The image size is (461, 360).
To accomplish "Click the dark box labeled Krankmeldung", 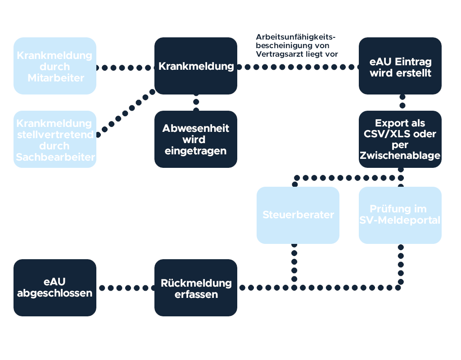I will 196,66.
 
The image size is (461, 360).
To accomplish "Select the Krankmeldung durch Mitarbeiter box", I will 54,66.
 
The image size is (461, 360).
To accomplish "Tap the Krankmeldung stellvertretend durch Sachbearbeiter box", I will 54,139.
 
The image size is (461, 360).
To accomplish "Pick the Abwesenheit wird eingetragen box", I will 196,139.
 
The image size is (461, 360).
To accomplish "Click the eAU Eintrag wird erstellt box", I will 400,66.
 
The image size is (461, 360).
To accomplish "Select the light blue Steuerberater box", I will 298,215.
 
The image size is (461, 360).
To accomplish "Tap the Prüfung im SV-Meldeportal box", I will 400,215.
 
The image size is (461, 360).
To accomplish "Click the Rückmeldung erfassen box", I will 196,288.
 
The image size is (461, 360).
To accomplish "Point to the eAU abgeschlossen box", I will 54,288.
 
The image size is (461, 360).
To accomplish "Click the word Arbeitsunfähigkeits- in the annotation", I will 296,37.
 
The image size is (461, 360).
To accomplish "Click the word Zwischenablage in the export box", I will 400,156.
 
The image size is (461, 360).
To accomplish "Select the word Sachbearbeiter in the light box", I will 55,157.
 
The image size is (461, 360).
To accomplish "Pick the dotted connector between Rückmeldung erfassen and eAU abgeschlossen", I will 125,288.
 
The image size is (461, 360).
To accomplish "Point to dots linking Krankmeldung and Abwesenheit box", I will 196,103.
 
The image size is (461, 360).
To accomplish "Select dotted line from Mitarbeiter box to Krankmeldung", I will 125,68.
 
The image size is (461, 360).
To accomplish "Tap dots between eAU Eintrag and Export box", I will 402,102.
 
